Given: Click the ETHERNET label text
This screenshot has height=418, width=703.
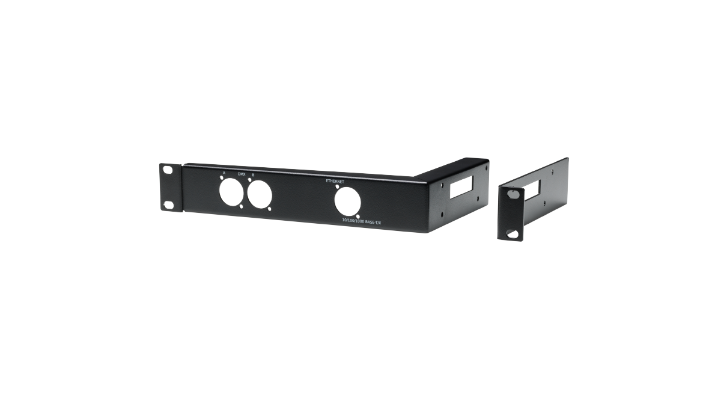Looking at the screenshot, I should pos(335,181).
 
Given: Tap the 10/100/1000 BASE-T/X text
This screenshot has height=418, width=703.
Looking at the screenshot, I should pos(362,222).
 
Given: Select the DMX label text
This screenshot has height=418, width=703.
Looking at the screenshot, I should pos(242,174).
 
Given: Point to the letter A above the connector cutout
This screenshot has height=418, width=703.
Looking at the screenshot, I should pos(224,173).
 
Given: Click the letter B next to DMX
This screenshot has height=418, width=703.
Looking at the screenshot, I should pos(253,175).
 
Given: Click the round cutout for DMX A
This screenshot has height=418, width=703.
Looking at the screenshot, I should pos(231,193).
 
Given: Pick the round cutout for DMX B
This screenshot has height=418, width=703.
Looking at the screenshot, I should pos(260,195).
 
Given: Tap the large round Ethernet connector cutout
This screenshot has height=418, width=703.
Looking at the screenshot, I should pos(347,202).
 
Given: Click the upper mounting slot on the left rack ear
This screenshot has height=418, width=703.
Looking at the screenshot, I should pos(168,170).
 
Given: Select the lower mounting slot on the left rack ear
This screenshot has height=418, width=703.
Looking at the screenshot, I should pos(169,205).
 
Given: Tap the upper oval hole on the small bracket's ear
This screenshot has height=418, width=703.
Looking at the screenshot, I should pos(512,195).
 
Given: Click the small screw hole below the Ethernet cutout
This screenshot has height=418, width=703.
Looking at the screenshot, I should pos(358,217).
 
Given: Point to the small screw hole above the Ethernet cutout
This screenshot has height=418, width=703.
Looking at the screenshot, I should pos(337,187).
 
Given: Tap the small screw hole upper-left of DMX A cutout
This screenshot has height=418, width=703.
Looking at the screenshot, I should pos(222,178).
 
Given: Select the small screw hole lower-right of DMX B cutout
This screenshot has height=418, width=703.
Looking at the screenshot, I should pos(270,210).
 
